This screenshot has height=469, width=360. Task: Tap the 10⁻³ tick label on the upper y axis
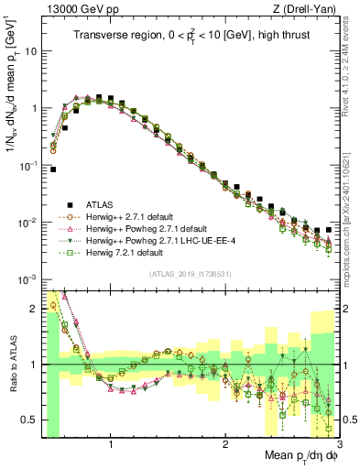27,279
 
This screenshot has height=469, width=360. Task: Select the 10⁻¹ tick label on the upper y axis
27,166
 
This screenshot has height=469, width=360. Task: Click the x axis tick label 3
339,444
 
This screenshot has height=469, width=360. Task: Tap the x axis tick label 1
111,444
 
